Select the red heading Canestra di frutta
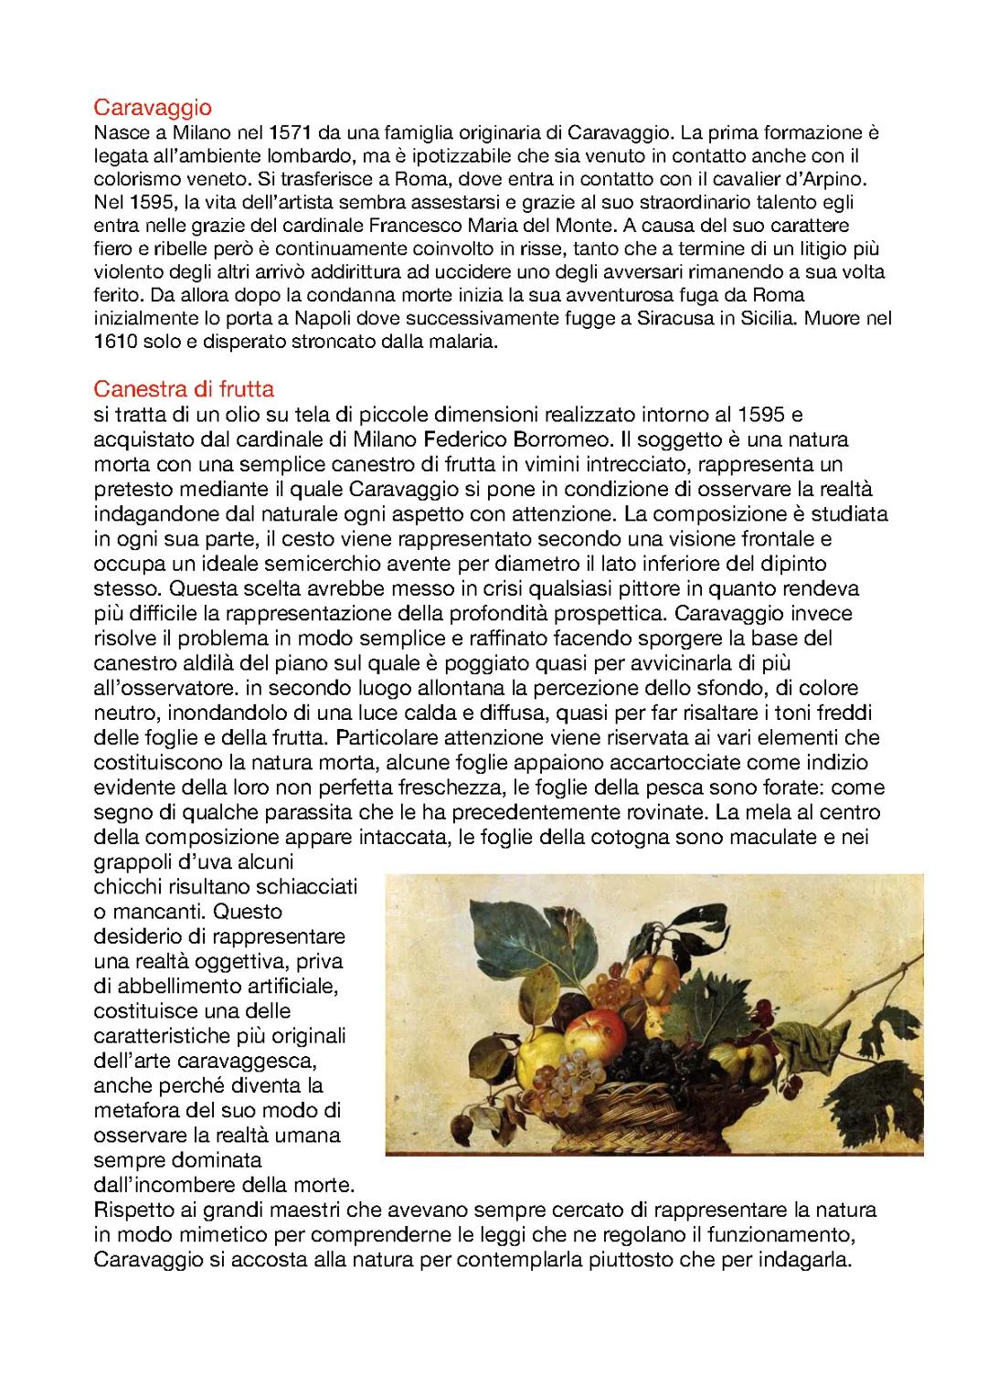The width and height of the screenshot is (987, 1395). pos(184,389)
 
